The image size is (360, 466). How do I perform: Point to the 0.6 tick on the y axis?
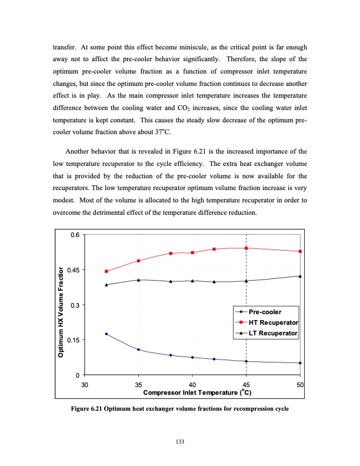coord(75,235)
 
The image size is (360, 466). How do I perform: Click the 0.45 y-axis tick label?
coord(73,270)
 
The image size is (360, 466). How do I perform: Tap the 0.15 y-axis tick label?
coord(73,340)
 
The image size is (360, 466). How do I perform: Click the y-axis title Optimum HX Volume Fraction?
coord(61,312)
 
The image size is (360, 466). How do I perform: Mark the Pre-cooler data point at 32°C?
coord(106,334)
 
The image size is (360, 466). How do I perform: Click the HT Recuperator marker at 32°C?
coord(106,271)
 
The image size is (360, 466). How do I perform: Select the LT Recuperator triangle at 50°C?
coord(300,276)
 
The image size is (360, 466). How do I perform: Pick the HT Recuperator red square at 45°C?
coord(246,248)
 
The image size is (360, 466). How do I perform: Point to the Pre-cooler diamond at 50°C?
coord(300,363)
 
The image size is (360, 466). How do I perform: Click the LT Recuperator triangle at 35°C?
coord(138,280)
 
